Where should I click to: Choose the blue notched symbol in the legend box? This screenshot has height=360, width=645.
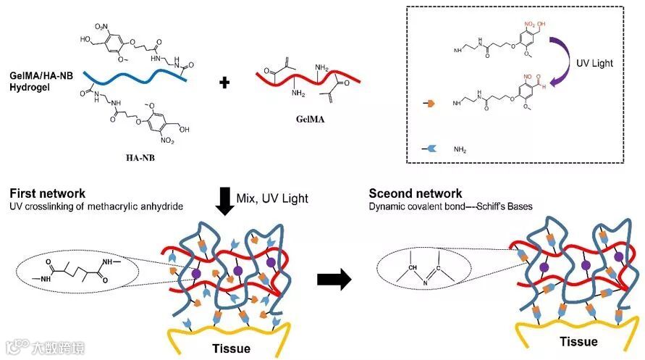[x=427, y=147]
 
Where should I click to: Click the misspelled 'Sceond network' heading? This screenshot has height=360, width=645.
[x=416, y=193]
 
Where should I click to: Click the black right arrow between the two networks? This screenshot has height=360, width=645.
[x=334, y=279]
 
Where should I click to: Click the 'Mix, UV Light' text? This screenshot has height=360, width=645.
[x=271, y=198]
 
